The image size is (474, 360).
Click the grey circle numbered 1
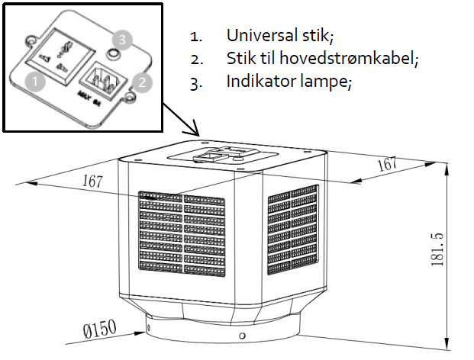click(x=32, y=79)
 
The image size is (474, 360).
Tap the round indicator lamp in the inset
click(x=113, y=53)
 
